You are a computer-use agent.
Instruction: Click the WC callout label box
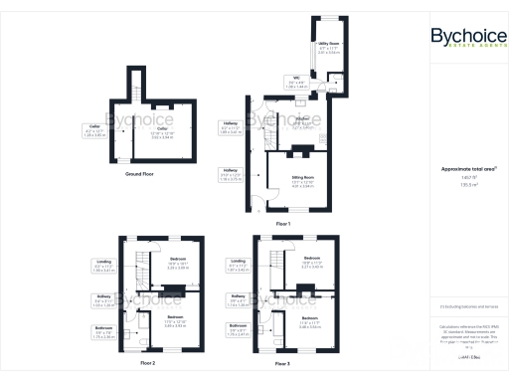(x=295, y=83)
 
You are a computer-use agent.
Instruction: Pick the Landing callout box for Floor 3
(x=236, y=265)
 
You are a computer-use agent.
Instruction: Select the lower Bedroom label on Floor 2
(x=175, y=322)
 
